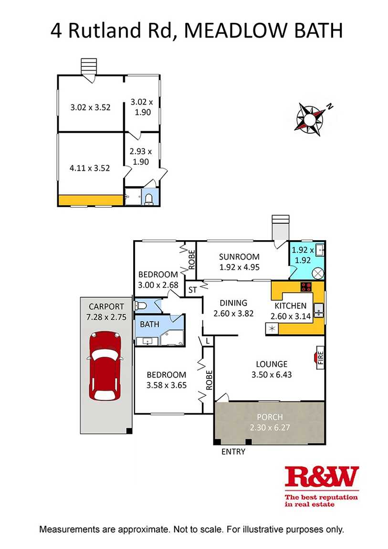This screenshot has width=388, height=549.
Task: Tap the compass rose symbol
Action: click(311, 116)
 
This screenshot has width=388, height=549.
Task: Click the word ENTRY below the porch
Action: click(233, 452)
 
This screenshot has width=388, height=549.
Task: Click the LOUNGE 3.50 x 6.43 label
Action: click(272, 369)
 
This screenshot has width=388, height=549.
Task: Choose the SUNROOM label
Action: click(239, 262)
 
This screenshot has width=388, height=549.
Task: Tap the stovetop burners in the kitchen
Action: click(305, 287)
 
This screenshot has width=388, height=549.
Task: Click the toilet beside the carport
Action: click(141, 306)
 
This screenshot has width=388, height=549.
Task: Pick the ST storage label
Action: click(193, 289)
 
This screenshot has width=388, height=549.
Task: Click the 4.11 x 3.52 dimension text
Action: click(90, 168)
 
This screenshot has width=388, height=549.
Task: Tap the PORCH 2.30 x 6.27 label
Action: click(270, 422)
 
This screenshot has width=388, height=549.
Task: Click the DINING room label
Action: click(233, 308)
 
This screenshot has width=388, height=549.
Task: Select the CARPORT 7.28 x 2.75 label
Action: click(106, 311)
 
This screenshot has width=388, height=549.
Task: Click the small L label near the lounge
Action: click(208, 341)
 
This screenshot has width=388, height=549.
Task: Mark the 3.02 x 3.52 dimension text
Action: click(90, 107)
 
